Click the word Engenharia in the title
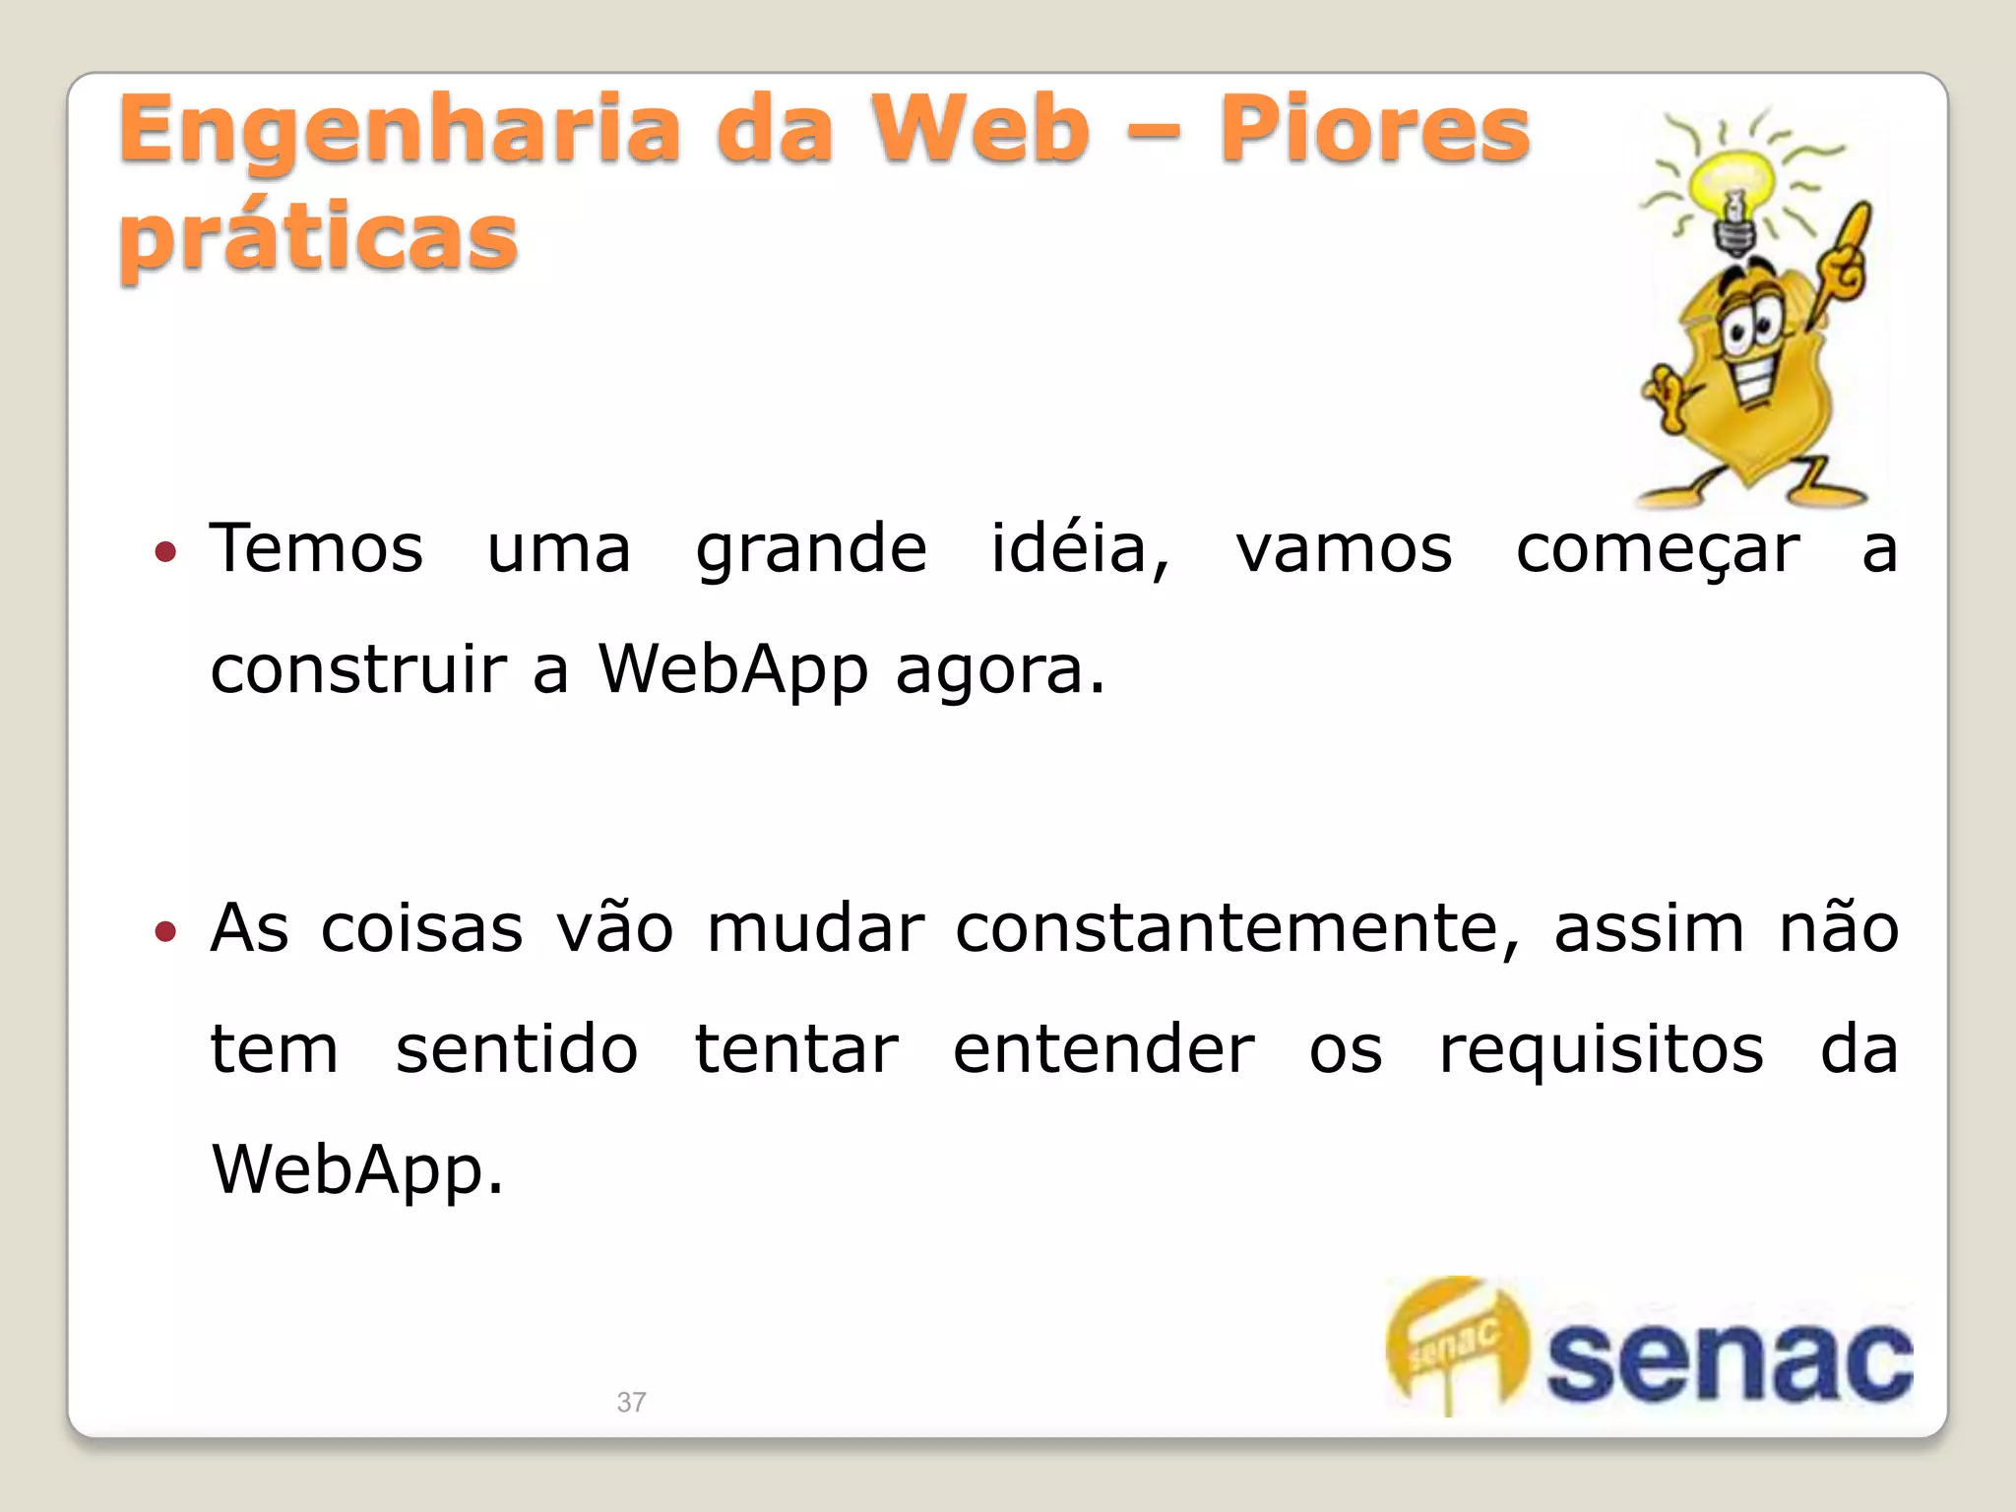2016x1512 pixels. (399, 131)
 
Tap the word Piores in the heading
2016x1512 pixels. (1374, 131)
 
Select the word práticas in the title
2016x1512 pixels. (318, 238)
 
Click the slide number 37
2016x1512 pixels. (631, 1402)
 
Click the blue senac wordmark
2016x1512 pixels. (1729, 1362)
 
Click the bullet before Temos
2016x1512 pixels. (165, 551)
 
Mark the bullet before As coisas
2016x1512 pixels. (165, 930)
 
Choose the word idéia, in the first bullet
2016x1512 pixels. (1080, 548)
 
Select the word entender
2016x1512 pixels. (1103, 1049)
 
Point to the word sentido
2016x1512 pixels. (517, 1049)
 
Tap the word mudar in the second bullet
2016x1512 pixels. (816, 928)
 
